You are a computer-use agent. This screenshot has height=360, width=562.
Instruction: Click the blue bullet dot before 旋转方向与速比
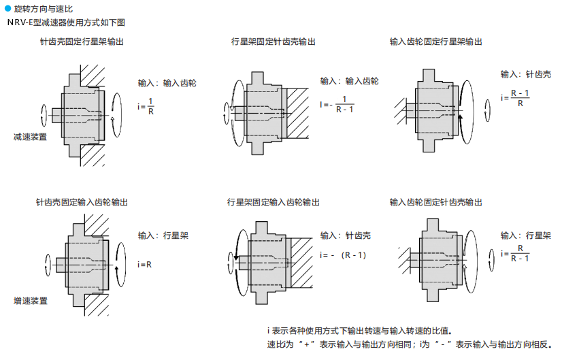[x=8, y=9]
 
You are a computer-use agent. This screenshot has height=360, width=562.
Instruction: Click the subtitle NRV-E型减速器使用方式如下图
[x=66, y=22]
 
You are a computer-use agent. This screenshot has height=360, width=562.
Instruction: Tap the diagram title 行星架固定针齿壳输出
[x=274, y=42]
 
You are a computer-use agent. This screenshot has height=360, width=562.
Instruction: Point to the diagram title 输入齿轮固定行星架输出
[x=436, y=42]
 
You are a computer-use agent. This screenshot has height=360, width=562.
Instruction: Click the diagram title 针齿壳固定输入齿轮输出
[x=82, y=203]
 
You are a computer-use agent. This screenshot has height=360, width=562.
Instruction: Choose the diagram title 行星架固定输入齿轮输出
[x=274, y=203]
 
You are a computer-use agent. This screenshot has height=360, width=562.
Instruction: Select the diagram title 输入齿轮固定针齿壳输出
[x=436, y=203]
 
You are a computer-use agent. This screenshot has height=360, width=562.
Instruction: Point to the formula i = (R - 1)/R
[x=516, y=98]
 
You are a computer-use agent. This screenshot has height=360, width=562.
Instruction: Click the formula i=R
[x=144, y=263]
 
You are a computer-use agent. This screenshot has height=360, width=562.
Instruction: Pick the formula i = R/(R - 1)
[x=516, y=253]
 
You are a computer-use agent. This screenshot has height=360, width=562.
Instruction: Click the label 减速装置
[x=31, y=137]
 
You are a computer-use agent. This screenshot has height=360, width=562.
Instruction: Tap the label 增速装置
[x=31, y=300]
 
